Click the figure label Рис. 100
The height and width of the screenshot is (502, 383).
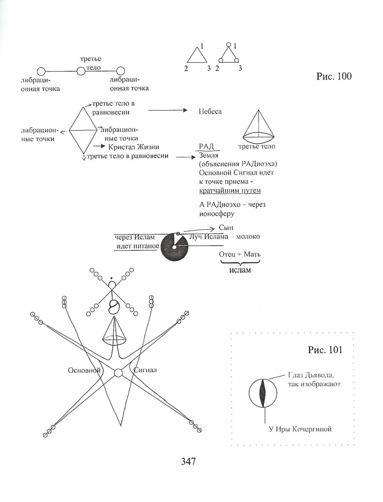point(334,76)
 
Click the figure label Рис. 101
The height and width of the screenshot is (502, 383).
point(325,350)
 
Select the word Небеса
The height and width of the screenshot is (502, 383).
point(210,112)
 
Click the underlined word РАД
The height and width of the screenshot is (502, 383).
point(207,146)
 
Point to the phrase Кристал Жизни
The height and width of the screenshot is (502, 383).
point(134,147)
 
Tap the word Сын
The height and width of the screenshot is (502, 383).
point(226,227)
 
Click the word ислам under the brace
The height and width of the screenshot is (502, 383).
point(240,270)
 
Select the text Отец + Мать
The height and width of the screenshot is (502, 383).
point(240,254)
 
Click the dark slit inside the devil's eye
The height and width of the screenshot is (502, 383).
point(262,393)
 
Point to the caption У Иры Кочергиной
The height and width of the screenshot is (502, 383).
point(300,429)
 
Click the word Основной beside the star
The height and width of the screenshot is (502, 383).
point(84,370)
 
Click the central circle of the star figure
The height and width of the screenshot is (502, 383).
point(118,373)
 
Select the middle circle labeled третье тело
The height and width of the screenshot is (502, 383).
point(81,71)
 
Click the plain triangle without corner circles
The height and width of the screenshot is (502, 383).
point(197,56)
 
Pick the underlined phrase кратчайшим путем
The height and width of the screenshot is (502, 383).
point(230,190)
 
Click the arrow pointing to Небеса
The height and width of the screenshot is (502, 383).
point(168,111)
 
